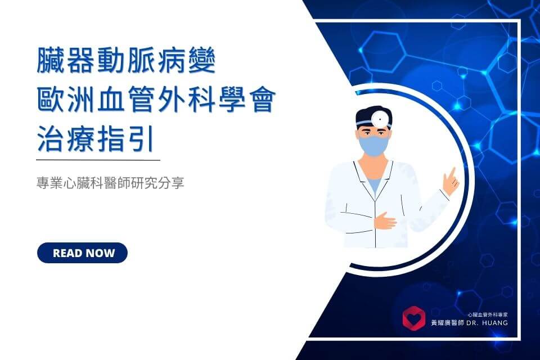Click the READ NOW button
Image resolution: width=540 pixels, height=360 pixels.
click(x=82, y=253)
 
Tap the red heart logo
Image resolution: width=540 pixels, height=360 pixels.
click(x=413, y=318)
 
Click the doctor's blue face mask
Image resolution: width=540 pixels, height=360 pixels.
click(x=373, y=146)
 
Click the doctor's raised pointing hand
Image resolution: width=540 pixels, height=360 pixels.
click(x=451, y=181)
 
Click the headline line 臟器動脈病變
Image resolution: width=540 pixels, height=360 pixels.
click(x=126, y=61)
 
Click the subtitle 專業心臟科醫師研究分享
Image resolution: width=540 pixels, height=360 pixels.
click(x=110, y=183)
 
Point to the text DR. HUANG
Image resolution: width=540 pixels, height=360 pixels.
click(x=487, y=323)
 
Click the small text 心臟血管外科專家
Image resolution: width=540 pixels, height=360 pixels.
click(x=488, y=314)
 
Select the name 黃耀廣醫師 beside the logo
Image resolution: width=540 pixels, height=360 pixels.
click(x=448, y=323)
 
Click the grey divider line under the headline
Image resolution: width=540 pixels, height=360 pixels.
click(x=98, y=160)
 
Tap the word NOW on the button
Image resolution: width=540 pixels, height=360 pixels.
click(x=98, y=253)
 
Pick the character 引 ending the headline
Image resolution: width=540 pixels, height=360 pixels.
click(x=141, y=138)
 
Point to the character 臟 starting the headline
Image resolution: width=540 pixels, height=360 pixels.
click(x=49, y=61)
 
